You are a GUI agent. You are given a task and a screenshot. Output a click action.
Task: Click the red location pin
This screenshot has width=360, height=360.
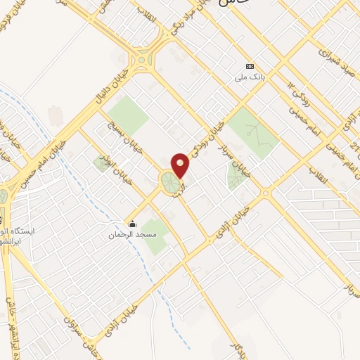tap(181, 165)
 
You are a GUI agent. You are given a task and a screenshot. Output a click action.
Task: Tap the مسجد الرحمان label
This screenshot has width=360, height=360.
tap(130, 235)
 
